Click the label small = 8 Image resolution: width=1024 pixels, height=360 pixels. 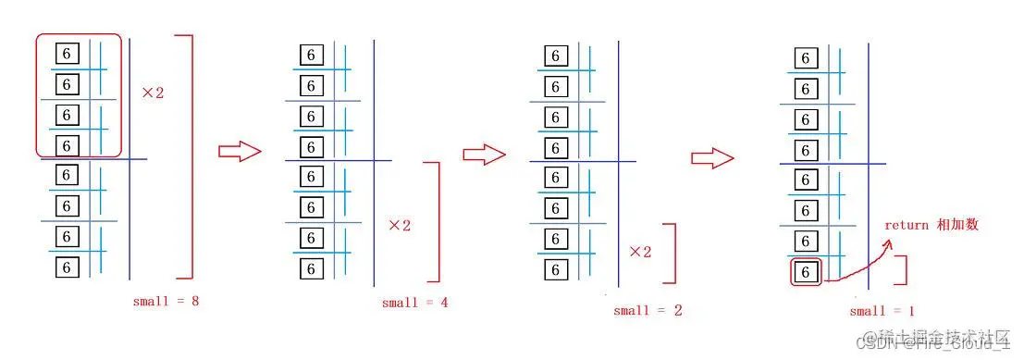[x=167, y=300]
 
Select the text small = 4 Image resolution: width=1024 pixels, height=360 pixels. [x=414, y=303]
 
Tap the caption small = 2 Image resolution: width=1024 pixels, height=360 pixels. [x=648, y=310]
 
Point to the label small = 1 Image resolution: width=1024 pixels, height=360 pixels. [x=882, y=311]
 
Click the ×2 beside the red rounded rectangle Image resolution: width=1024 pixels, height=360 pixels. [x=153, y=93]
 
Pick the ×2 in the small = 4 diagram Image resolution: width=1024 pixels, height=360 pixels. [x=400, y=225]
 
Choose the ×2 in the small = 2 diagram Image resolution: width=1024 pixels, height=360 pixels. [x=641, y=251]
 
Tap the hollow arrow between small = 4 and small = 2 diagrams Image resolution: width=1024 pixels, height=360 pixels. [x=480, y=155]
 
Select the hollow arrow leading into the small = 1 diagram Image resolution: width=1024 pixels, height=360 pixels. [x=712, y=158]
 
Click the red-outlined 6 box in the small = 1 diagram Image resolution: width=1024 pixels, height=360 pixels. [x=806, y=272]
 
